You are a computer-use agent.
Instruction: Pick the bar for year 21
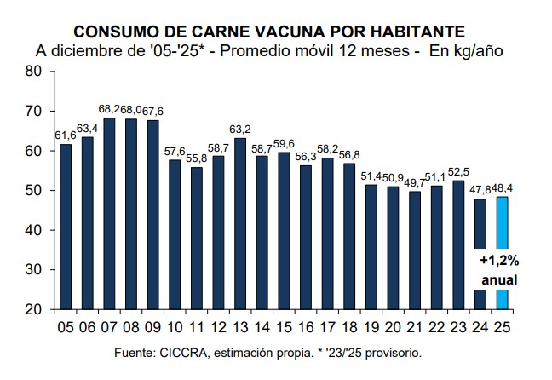415,250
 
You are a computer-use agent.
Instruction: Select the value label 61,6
66,136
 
